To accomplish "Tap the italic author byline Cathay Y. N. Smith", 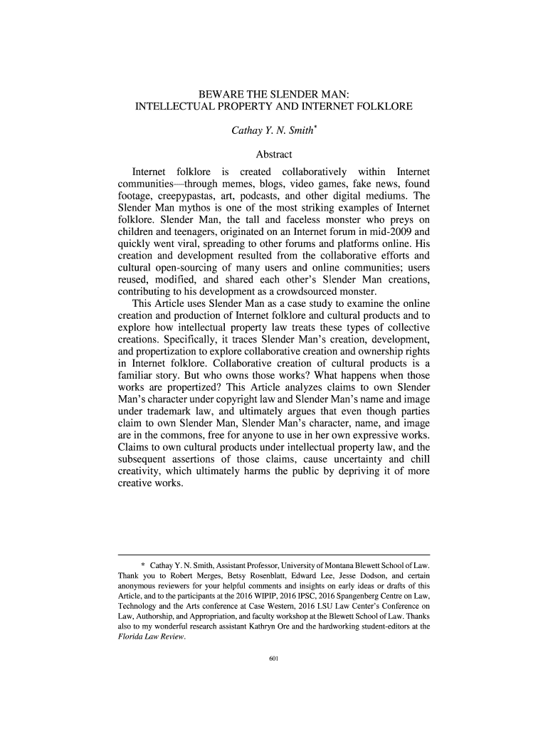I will pyautogui.click(x=272, y=132).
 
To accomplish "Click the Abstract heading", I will pyautogui.click(x=274, y=154).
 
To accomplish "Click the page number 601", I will pyautogui.click(x=273, y=658).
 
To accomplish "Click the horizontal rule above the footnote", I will pyautogui.click(x=273, y=554).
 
